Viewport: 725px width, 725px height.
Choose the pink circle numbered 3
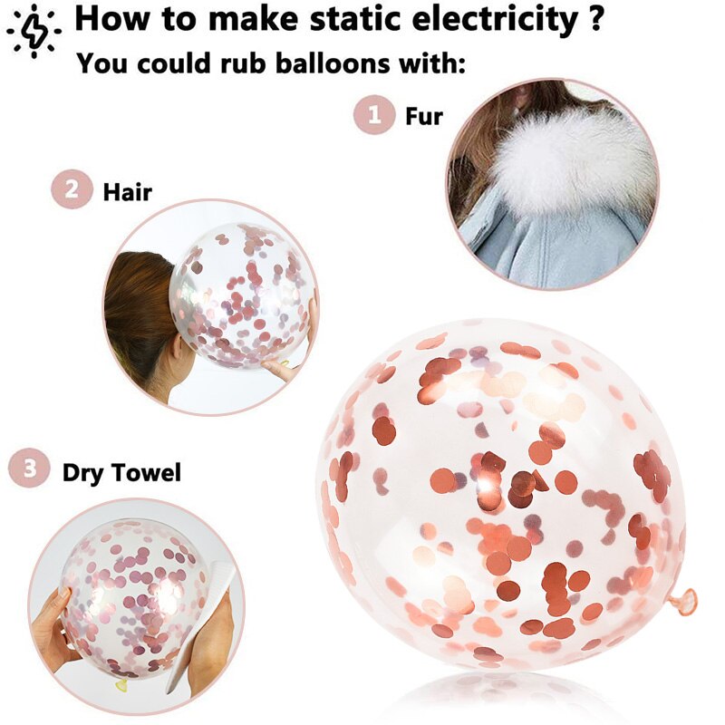click(29, 469)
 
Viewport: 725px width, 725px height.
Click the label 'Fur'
click(423, 116)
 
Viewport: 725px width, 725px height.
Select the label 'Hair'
click(127, 191)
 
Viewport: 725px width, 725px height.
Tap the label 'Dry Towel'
click(121, 472)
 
